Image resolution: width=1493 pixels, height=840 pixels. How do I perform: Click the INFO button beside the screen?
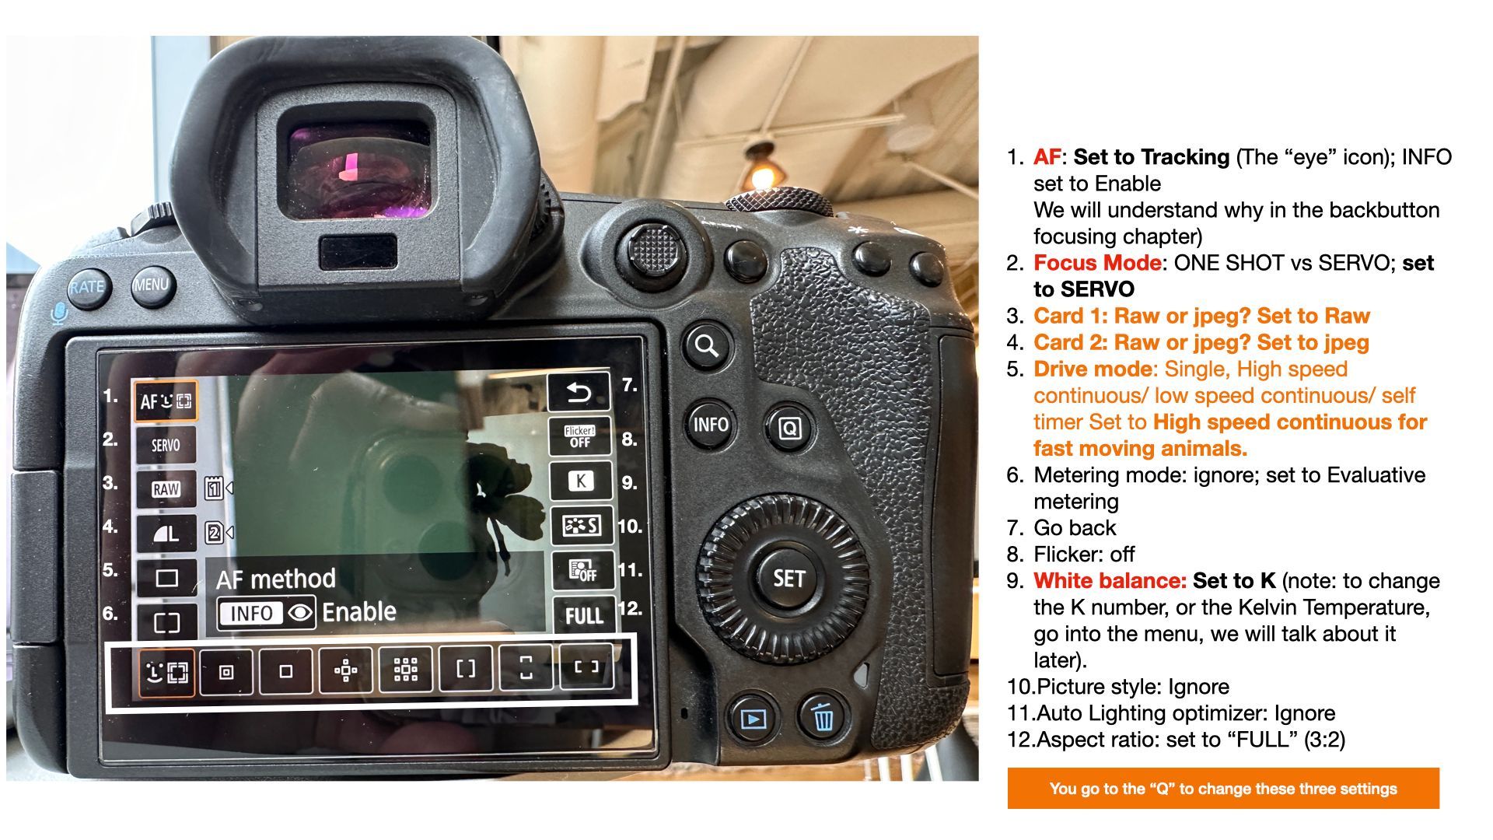(711, 425)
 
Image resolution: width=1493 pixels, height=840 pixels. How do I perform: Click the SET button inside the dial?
(788, 579)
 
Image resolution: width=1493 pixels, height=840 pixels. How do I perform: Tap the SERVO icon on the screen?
(166, 445)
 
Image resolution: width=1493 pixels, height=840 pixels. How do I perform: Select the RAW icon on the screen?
(166, 489)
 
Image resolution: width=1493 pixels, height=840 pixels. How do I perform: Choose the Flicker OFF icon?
(579, 436)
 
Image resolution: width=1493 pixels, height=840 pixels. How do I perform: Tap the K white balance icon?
(581, 481)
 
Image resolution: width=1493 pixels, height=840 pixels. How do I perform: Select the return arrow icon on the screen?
(579, 393)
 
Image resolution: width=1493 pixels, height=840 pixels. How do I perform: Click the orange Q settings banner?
(1223, 789)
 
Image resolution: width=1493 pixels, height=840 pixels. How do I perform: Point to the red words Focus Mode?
(1097, 263)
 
